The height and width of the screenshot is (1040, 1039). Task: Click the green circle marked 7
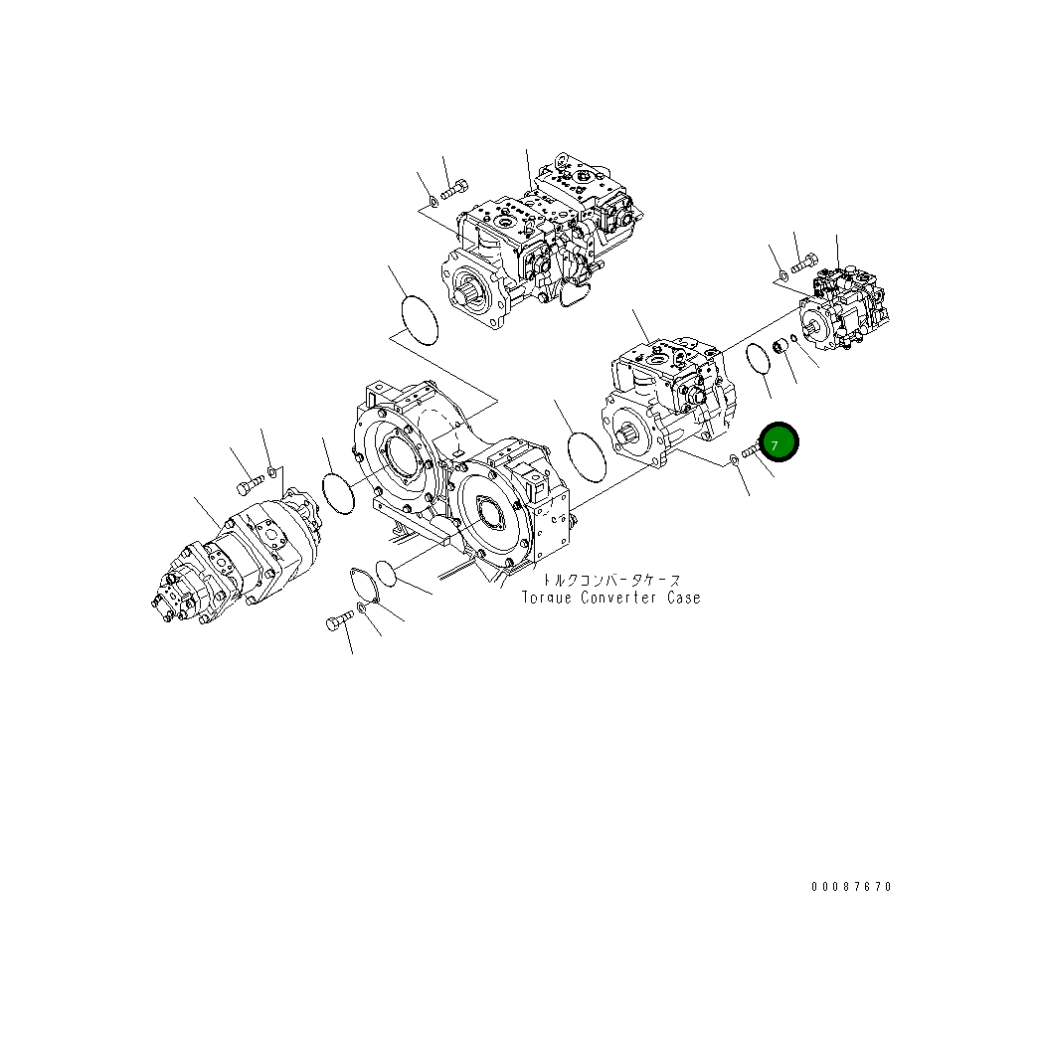point(778,442)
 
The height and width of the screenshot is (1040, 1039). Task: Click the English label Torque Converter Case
point(611,598)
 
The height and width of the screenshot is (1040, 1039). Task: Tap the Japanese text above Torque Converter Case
point(610,580)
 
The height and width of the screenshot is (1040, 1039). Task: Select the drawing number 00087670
point(850,887)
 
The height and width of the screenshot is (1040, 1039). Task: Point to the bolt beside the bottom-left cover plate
point(337,622)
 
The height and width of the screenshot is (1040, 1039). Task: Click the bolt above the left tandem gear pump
point(248,485)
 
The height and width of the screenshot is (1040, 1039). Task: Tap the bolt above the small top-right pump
point(803,261)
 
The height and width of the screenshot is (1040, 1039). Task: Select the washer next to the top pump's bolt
point(432,206)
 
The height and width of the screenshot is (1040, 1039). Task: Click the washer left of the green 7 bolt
point(733,459)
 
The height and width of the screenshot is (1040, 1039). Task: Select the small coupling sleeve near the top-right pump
point(780,346)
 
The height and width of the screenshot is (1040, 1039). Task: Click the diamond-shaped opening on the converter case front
point(493,512)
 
